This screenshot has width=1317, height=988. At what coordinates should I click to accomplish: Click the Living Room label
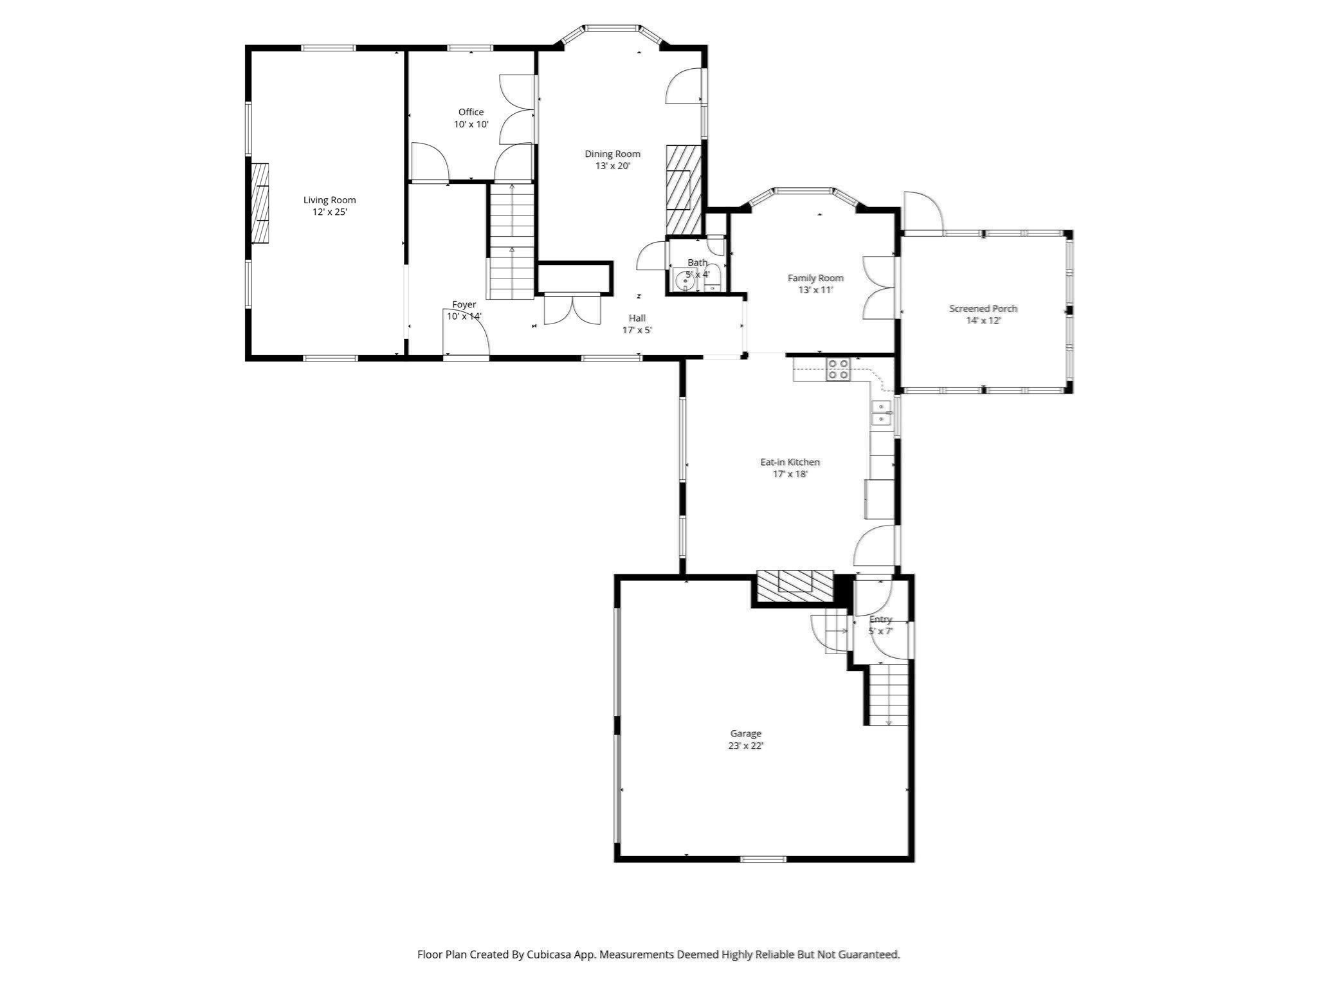pyautogui.click(x=329, y=200)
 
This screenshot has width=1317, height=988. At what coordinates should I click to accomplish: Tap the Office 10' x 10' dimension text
pyautogui.click(x=471, y=124)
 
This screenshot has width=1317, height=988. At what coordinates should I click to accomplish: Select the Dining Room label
pyautogui.click(x=612, y=154)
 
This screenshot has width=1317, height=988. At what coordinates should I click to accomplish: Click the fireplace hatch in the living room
pyautogui.click(x=260, y=203)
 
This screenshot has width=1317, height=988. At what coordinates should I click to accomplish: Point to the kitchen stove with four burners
pyautogui.click(x=838, y=369)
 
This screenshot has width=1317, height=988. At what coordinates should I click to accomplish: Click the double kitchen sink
pyautogui.click(x=880, y=413)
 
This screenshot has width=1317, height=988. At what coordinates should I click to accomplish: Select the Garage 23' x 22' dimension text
pyautogui.click(x=745, y=746)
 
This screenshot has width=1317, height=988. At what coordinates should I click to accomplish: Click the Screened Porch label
pyautogui.click(x=983, y=309)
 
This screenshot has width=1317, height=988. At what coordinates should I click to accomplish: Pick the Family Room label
pyautogui.click(x=815, y=278)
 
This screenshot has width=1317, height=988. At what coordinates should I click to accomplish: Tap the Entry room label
pyautogui.click(x=880, y=619)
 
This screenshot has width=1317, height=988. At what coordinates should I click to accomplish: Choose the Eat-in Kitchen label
pyautogui.click(x=790, y=462)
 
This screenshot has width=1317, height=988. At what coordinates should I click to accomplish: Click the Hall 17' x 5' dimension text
pyautogui.click(x=637, y=330)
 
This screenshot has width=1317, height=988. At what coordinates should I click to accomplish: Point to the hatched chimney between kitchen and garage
pyautogui.click(x=795, y=587)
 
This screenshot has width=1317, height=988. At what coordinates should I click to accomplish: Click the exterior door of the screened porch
pyautogui.click(x=923, y=212)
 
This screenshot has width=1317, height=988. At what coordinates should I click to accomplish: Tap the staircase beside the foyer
pyautogui.click(x=512, y=242)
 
